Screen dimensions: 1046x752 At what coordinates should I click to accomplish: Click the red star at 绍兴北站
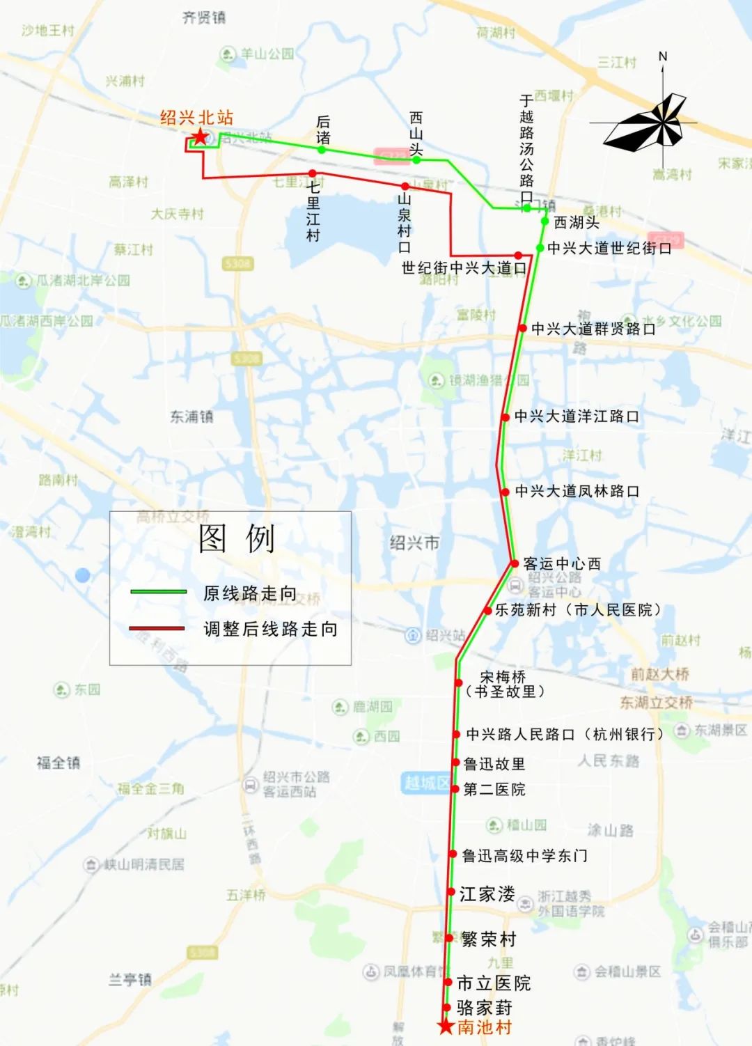pos(200,136)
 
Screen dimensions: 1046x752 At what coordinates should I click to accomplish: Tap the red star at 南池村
pos(446,1026)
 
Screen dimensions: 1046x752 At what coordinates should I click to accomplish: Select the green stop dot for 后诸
pos(322,149)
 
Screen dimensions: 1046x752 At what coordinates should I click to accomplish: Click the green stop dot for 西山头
pos(416,159)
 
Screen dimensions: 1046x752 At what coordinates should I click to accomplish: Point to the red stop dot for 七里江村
pos(313,173)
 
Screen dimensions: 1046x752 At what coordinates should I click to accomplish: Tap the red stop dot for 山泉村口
pos(405,186)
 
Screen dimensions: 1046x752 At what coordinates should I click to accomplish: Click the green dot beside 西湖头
pos(545,221)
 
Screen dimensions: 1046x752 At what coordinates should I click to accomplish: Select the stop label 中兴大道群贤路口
pos(593,329)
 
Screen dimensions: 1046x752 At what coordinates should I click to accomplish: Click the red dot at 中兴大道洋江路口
pos(506,417)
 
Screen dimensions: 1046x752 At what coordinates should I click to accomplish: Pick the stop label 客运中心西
pos(561,563)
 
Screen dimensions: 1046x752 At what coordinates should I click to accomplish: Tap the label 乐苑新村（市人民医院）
pos(578,610)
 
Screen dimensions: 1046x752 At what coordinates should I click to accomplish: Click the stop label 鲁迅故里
pos(494,764)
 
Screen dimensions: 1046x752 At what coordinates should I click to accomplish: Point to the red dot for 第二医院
pos(456,790)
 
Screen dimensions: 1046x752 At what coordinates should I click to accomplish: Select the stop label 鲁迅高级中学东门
pos(525,856)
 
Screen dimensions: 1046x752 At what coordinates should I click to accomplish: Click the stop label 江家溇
pos(487,894)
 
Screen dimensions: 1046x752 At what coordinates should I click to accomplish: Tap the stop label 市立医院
pos(494,983)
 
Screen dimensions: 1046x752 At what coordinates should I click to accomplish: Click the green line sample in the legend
pos(159,592)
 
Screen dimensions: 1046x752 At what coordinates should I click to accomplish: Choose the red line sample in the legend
pos(157,628)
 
